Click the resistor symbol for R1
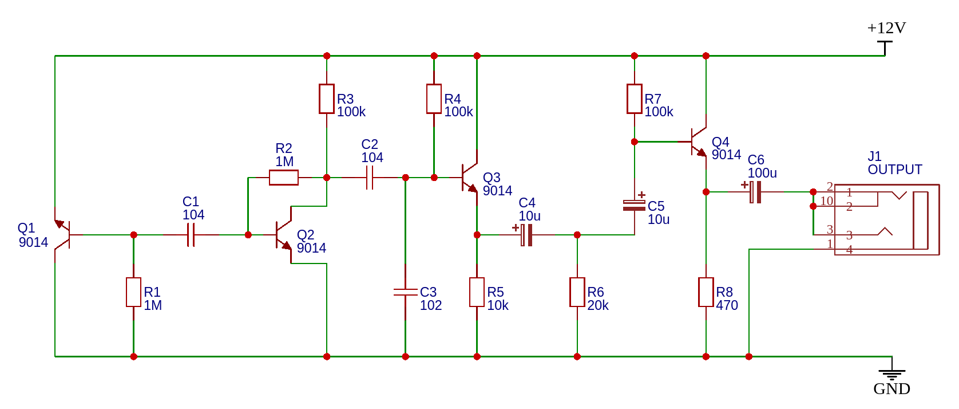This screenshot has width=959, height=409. click(x=133, y=292)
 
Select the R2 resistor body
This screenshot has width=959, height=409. click(x=284, y=178)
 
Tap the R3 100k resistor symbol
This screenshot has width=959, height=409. click(x=327, y=99)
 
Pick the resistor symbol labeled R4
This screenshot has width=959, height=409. click(x=434, y=99)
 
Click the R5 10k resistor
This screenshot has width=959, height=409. click(x=477, y=292)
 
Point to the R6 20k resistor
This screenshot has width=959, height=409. click(x=577, y=292)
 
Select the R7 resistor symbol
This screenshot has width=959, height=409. click(x=635, y=99)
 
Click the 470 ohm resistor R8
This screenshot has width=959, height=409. click(x=706, y=292)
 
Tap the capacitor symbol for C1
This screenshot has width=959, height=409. click(x=191, y=235)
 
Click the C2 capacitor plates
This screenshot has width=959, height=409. click(x=370, y=178)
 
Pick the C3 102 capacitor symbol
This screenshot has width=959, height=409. click(x=406, y=292)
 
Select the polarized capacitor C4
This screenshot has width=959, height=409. click(x=526, y=235)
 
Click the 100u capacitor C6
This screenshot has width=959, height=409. click(x=755, y=192)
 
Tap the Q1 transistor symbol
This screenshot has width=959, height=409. click(x=64, y=235)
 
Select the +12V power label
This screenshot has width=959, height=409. click(x=886, y=28)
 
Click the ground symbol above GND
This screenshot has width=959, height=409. click(x=892, y=374)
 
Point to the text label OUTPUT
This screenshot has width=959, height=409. click(x=895, y=170)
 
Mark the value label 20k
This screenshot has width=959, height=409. click(x=598, y=305)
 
